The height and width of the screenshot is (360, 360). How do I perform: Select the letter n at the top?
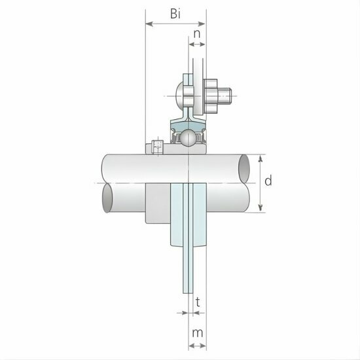pyautogui.click(x=197, y=31)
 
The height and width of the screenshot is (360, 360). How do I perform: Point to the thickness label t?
pyautogui.click(x=197, y=302)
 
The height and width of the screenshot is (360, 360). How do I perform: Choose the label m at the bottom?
pyautogui.click(x=197, y=334)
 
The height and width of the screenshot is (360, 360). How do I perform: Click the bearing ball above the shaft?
pyautogui.click(x=189, y=138)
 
